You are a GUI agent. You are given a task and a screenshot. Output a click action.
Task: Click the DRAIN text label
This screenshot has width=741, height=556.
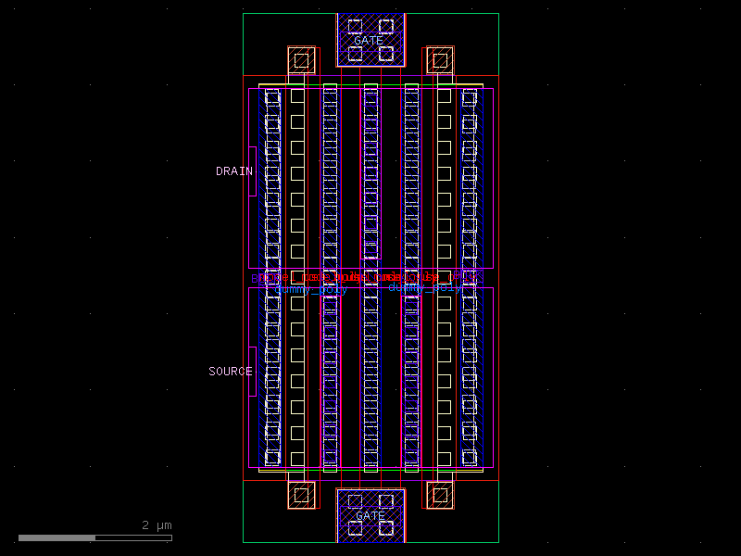233,171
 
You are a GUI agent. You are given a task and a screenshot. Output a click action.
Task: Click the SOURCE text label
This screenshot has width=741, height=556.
230,372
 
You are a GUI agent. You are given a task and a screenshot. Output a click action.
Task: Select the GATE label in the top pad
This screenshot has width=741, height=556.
369,41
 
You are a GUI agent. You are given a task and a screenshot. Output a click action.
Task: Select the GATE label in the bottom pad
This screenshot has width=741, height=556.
370,515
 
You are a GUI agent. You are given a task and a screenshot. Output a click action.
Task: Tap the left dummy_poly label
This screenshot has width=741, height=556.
311,289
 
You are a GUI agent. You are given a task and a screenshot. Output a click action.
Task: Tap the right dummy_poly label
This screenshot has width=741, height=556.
424,287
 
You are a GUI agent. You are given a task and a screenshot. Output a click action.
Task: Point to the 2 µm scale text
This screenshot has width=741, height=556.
157,525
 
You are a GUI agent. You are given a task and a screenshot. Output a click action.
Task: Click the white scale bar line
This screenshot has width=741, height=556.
94,537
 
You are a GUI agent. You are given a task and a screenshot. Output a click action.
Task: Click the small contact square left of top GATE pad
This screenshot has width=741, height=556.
301,61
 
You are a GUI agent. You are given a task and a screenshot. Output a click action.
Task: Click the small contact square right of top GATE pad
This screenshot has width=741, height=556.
440,61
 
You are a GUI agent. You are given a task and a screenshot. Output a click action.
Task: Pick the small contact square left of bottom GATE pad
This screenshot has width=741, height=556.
301,495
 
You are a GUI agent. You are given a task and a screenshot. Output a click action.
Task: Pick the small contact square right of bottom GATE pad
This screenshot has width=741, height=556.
440,495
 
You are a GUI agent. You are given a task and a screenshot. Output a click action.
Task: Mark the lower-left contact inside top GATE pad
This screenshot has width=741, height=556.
354,53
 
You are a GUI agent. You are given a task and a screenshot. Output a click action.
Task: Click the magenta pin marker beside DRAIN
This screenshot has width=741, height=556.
252,171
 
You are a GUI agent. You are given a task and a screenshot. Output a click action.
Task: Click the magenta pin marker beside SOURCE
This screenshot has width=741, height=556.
252,371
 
